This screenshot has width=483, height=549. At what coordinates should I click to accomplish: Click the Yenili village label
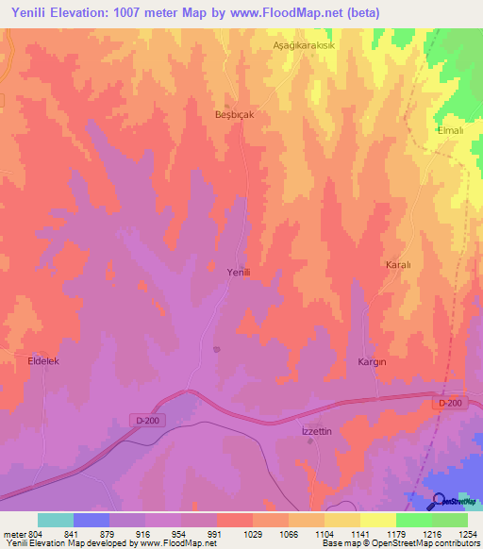238,272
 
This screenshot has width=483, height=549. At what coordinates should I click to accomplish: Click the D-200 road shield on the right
451,403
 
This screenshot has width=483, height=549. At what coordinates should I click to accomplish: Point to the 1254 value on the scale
467,533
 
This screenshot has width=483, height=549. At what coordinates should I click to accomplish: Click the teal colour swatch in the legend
56,520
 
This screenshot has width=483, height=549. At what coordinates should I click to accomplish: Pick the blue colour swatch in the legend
92,520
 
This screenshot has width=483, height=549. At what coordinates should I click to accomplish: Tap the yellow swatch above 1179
377,520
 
